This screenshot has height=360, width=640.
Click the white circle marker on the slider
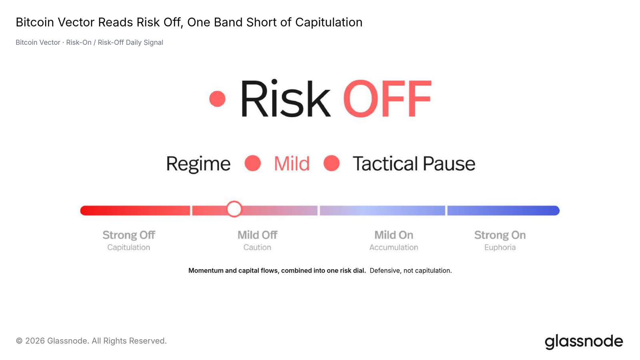[x=234, y=209]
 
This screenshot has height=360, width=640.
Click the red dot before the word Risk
[x=217, y=99]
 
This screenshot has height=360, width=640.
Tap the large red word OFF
[x=387, y=98]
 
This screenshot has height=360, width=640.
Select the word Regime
[x=198, y=164]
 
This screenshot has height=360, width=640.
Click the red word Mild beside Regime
[x=292, y=164]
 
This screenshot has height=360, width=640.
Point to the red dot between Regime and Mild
[x=252, y=163]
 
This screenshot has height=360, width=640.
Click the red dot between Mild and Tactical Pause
[x=332, y=163]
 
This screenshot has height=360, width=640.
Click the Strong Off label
[x=129, y=235]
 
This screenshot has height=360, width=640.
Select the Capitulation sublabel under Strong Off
[x=128, y=248]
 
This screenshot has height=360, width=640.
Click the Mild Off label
[x=258, y=235]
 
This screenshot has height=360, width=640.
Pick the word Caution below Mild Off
[x=257, y=248]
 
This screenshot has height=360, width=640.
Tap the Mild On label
[x=394, y=235]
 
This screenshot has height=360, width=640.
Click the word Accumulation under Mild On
[x=394, y=248]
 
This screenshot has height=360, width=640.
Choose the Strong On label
[x=500, y=235]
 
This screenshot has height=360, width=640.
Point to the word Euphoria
[x=500, y=248]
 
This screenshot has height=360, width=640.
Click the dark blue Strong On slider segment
[x=504, y=210]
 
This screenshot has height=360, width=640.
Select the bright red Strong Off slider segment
[x=135, y=210]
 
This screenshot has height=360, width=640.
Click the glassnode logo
[x=584, y=342]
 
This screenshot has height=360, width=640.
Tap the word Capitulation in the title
[x=329, y=22]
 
